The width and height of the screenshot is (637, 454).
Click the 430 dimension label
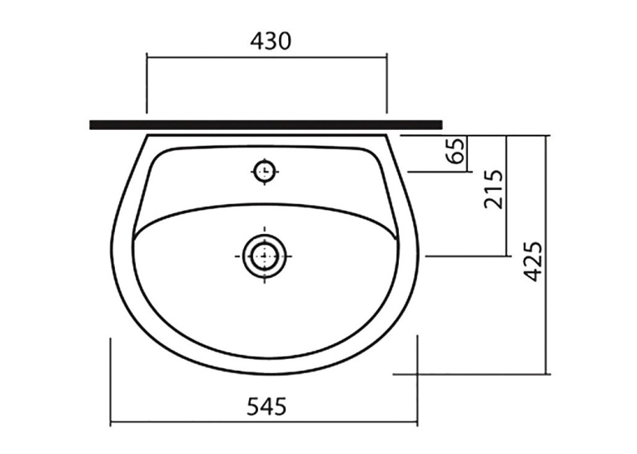[x=271, y=41]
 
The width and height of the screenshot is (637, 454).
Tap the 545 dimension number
[x=266, y=406]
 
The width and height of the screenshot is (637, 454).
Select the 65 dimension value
[x=456, y=151]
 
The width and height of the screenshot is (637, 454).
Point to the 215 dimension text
[x=494, y=189]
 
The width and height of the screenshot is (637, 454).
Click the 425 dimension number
[x=533, y=262]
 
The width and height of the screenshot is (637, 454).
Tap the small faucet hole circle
[x=265, y=171]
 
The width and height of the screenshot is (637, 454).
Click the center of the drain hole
[x=265, y=256]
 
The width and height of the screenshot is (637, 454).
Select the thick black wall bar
[x=266, y=125]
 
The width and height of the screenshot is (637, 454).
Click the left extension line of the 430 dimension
[x=147, y=83]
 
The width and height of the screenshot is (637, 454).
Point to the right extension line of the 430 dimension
[x=386, y=83]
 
